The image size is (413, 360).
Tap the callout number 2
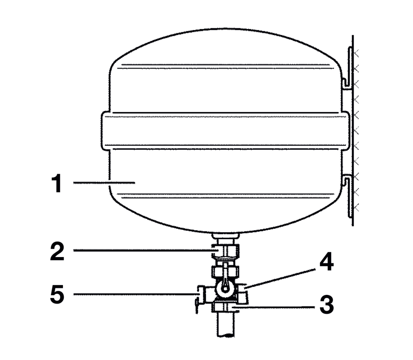pos(56,252)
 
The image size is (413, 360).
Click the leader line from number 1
pos(103,182)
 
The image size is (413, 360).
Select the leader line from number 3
pos(275,306)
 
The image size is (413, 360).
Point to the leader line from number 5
pos(134,294)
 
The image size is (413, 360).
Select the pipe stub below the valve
pos(225,324)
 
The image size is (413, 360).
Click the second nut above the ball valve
pos(225,269)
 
